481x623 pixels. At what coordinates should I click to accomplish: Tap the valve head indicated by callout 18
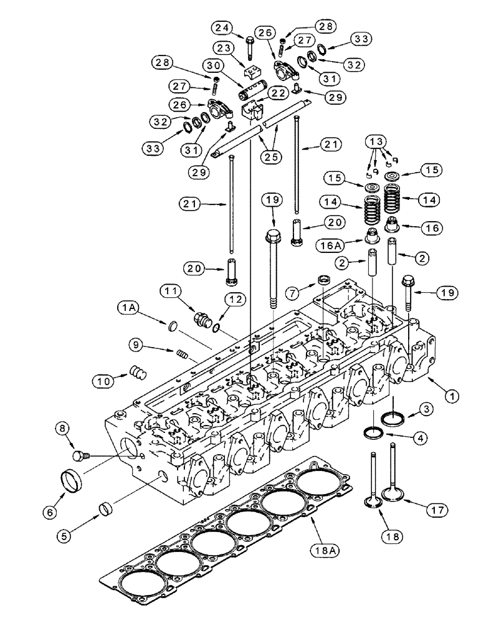tap(373, 501)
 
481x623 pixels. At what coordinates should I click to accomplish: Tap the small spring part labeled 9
tap(182, 355)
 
